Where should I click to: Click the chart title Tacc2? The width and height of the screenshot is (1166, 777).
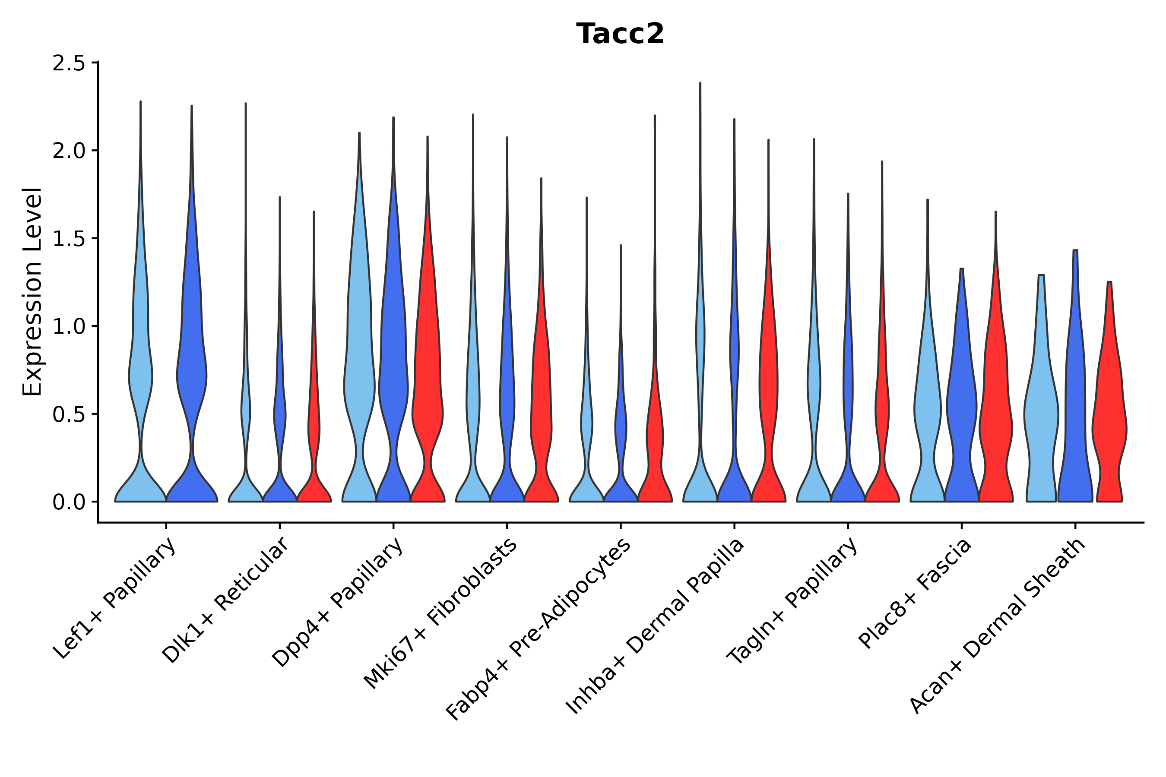pos(620,34)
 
